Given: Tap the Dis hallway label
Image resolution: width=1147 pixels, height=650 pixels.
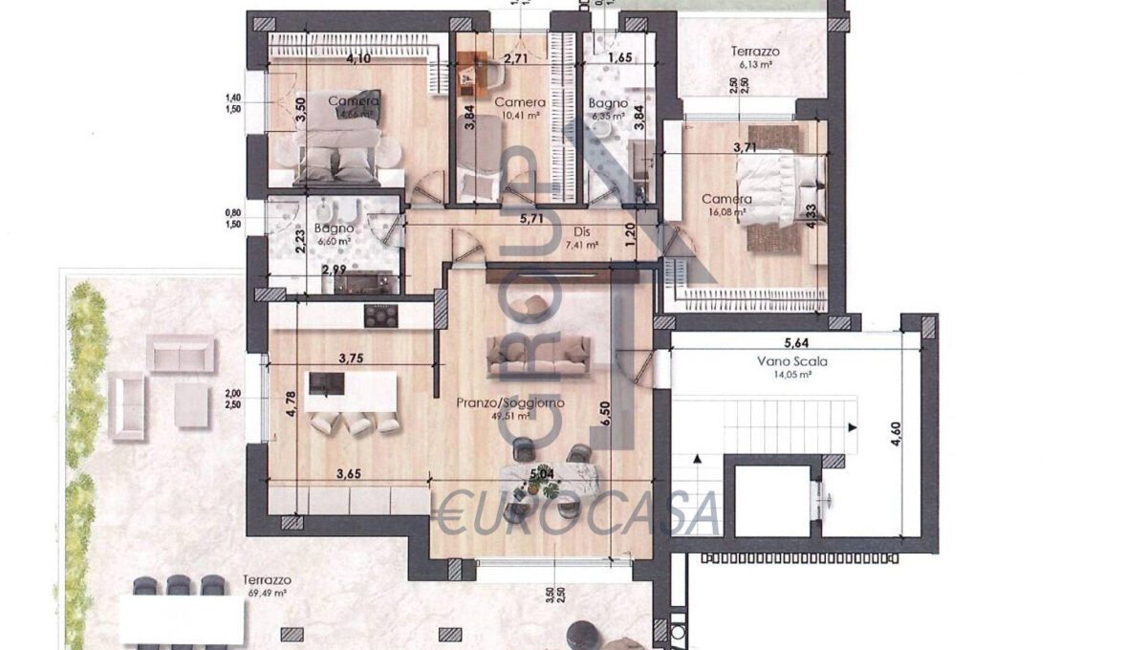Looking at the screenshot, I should tap(581, 230).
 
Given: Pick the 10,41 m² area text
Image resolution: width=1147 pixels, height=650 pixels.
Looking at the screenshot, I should tap(521, 116).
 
